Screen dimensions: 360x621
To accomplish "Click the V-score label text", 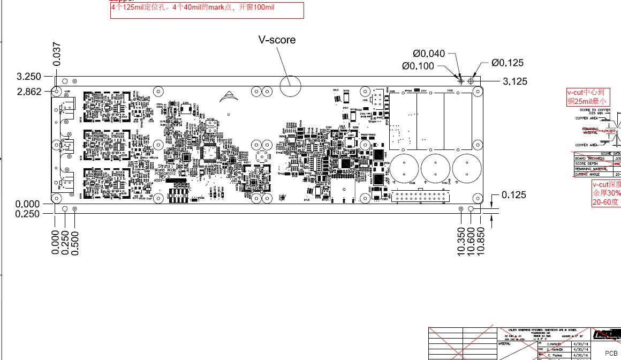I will tap(277, 40).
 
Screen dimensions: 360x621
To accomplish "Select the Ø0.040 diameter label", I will tap(428, 53).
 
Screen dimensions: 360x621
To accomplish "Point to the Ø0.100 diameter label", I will tap(418, 66).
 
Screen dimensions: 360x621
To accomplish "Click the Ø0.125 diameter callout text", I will tap(508, 63).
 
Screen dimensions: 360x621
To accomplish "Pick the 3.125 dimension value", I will tap(515, 81).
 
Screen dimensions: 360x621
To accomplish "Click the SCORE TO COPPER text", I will tap(594, 110).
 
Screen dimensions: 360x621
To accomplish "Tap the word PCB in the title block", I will tap(611, 353).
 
